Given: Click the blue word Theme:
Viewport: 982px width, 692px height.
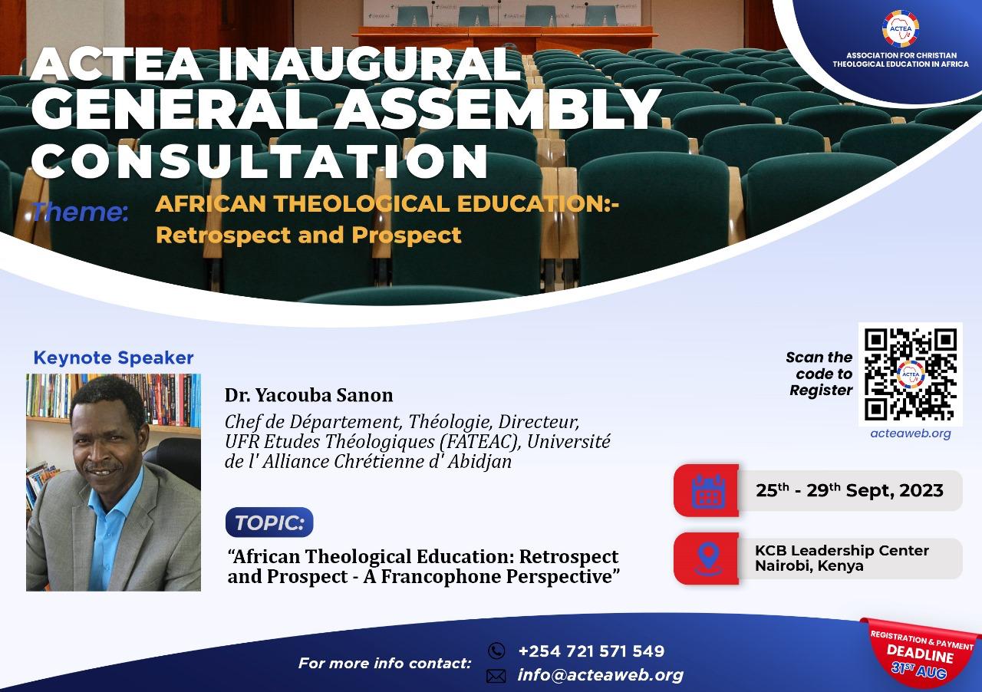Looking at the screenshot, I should (80, 212).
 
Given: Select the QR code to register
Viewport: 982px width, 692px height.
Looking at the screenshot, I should (911, 374).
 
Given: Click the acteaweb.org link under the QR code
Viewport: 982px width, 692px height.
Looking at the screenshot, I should (911, 433).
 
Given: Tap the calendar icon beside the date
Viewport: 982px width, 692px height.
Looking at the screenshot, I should (707, 491).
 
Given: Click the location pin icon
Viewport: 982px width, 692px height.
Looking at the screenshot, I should (707, 558).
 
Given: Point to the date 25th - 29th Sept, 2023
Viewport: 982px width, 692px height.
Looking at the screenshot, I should (849, 491).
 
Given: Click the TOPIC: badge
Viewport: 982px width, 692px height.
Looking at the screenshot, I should (269, 522).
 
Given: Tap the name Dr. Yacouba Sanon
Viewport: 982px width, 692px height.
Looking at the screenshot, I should (308, 396).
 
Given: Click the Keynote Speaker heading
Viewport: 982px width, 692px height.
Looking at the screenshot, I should (114, 358).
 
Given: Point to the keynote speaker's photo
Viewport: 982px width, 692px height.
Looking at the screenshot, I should (114, 482).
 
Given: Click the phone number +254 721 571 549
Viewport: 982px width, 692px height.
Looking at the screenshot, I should (591, 651).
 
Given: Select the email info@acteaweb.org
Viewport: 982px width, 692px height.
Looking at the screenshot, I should (600, 675).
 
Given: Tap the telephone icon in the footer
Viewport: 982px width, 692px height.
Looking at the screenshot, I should (496, 651).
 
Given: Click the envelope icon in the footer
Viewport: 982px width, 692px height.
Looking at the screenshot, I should (496, 676).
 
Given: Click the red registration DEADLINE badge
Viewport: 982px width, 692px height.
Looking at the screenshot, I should (921, 652).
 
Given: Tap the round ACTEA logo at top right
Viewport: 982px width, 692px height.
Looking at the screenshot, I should (900, 29).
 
